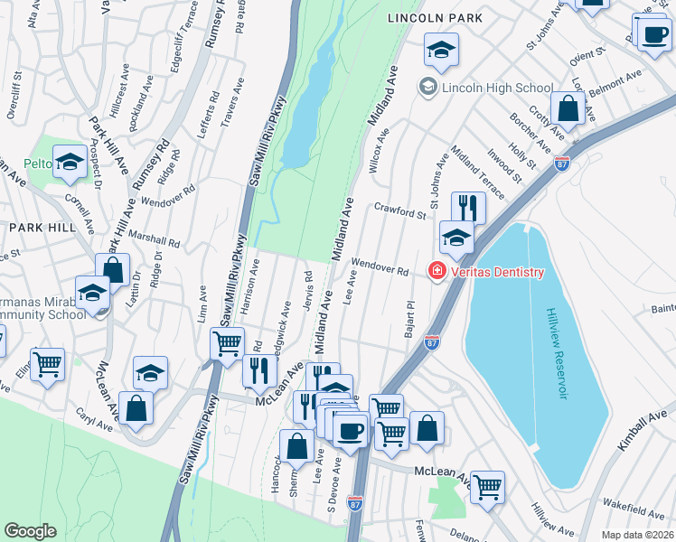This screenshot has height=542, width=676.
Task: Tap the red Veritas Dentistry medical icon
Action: pyautogui.click(x=436, y=271)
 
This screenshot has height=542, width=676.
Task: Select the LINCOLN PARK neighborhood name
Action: pyautogui.click(x=435, y=18)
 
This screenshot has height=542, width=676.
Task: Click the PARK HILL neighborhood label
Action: pyautogui.click(x=42, y=229)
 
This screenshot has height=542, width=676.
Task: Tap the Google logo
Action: pyautogui.click(x=30, y=531)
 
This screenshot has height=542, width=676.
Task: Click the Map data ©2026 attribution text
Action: pyautogui.click(x=638, y=535)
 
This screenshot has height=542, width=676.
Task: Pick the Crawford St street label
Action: pyautogui.click(x=399, y=211)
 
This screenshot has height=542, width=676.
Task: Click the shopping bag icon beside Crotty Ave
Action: pyautogui.click(x=568, y=109)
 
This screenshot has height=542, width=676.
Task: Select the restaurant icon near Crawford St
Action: pyautogui.click(x=468, y=207)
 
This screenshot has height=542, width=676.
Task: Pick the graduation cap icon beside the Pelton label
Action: pyautogui.click(x=70, y=161)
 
